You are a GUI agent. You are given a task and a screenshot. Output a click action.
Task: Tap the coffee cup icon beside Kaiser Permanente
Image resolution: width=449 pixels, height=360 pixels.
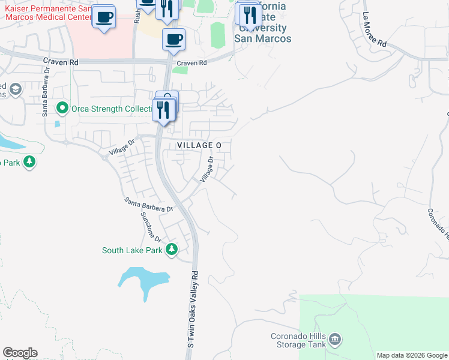coord(104,16)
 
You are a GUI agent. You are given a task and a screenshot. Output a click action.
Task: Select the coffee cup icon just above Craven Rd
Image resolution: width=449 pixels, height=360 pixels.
coord(173,40)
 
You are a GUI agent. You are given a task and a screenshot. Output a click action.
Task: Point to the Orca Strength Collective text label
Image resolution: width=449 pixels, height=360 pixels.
coord(110,109)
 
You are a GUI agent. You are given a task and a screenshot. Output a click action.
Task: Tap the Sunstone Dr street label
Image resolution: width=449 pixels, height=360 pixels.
coord(151,227)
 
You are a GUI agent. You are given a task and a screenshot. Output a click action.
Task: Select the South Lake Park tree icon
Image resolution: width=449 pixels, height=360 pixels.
coord(172,249)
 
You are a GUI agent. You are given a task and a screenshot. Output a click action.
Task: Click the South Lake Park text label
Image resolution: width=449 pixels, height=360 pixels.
coord(132,251)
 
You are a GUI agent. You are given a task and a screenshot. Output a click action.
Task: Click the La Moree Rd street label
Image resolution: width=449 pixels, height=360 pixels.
coord(375,30)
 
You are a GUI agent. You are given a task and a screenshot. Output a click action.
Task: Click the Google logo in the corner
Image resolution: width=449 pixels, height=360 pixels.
coord(20,353)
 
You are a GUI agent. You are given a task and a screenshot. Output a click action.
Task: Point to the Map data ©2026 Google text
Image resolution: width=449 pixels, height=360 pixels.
coord(412,355)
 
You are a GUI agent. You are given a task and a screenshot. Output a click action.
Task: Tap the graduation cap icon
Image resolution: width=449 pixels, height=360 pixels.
coord(15,90)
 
